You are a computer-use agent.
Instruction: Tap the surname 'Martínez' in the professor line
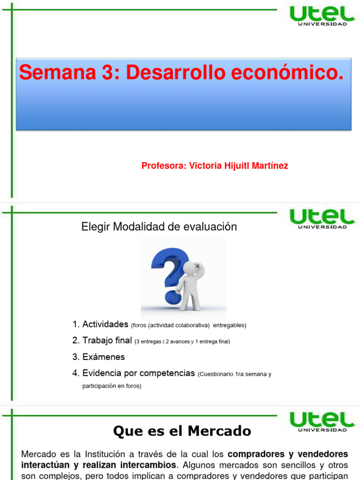click(269, 166)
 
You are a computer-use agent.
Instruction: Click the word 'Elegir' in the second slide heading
click(95, 227)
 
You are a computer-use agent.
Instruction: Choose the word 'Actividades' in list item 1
click(105, 324)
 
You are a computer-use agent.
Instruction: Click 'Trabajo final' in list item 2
click(107, 341)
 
